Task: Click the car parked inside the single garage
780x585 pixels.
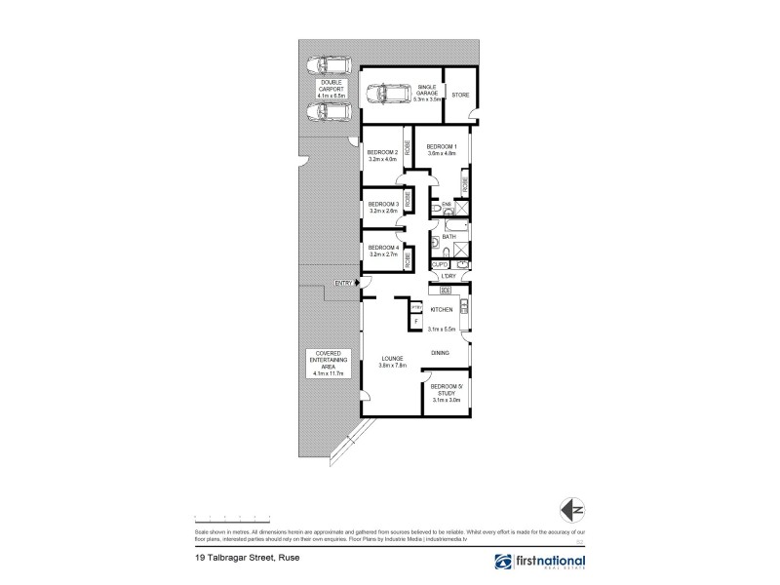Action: point(389,95)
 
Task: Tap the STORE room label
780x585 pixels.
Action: point(460,96)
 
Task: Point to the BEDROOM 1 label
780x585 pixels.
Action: point(442,147)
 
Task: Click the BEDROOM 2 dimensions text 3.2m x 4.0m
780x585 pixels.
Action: point(382,160)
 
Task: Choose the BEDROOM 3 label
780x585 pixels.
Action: point(382,203)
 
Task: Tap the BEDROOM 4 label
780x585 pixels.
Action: point(382,247)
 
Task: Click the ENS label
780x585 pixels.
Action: point(446,204)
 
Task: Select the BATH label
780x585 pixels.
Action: point(449,237)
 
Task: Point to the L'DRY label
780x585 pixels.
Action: point(448,276)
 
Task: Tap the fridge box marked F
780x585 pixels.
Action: point(416,322)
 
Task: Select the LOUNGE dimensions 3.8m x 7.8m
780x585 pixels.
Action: point(392,367)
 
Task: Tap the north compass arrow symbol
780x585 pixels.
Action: point(573,508)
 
